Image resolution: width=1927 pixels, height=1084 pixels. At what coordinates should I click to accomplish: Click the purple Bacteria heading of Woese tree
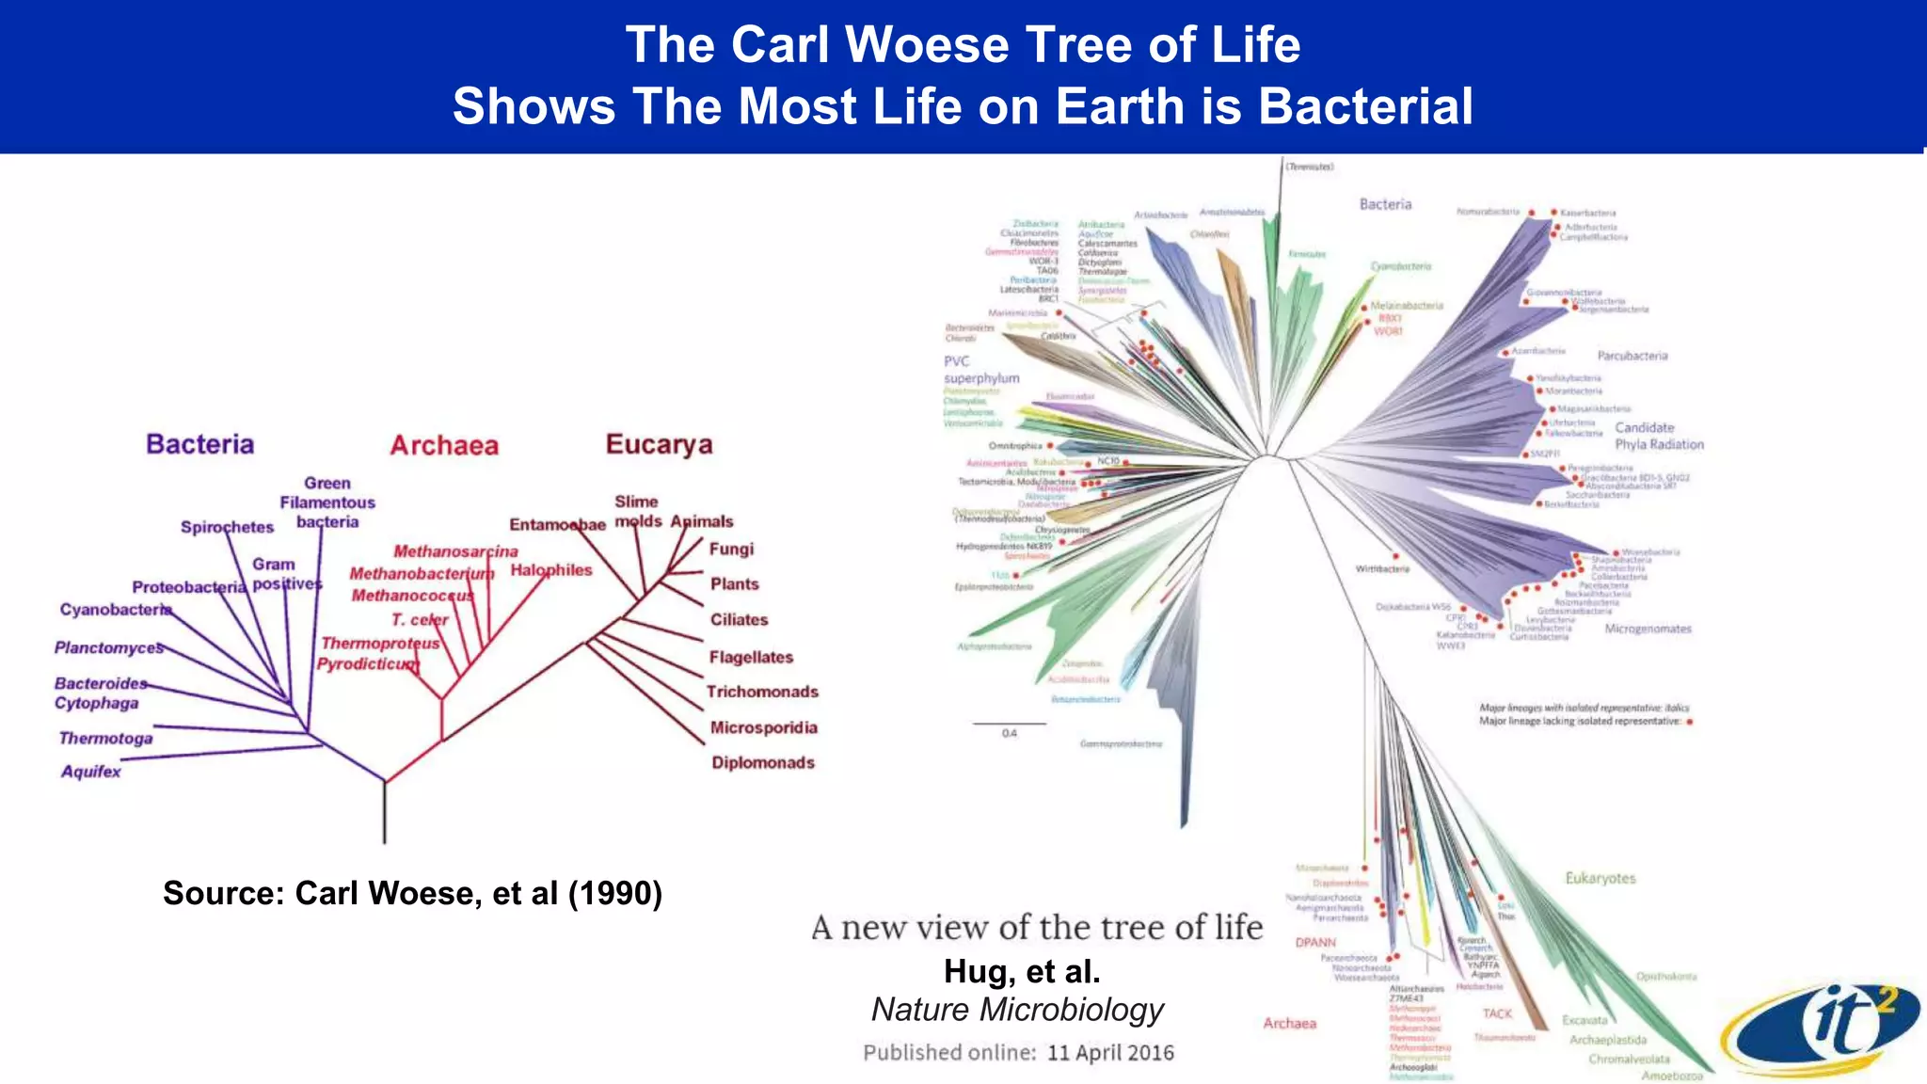point(199,444)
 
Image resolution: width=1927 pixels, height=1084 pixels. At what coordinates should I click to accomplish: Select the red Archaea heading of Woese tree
point(444,445)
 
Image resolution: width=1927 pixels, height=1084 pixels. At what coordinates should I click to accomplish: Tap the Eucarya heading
point(659,444)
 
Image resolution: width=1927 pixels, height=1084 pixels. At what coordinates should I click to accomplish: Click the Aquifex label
point(91,772)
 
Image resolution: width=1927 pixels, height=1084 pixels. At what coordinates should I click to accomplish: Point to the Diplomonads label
point(763,763)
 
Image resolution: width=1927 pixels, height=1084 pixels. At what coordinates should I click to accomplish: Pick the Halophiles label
point(551,570)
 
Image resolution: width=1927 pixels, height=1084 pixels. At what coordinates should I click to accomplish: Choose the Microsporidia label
point(764,727)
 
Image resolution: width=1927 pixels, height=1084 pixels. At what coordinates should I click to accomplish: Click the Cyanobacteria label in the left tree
point(116,610)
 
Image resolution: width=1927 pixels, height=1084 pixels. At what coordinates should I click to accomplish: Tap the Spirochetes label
point(227,527)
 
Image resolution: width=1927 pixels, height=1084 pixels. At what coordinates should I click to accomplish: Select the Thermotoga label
point(105,739)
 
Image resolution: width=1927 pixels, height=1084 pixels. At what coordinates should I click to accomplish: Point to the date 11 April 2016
point(1110,1053)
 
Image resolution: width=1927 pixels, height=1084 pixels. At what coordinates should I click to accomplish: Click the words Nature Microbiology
point(1017,1010)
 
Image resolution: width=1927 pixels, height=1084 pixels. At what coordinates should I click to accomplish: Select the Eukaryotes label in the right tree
point(1601,878)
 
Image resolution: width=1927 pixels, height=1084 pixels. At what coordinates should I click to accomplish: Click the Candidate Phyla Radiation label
point(1659,436)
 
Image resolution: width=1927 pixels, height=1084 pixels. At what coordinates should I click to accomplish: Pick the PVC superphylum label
point(980,370)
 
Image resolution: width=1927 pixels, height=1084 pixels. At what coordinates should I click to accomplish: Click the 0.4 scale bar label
point(1009,733)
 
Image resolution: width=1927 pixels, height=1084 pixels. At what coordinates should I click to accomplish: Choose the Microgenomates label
point(1648,629)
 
